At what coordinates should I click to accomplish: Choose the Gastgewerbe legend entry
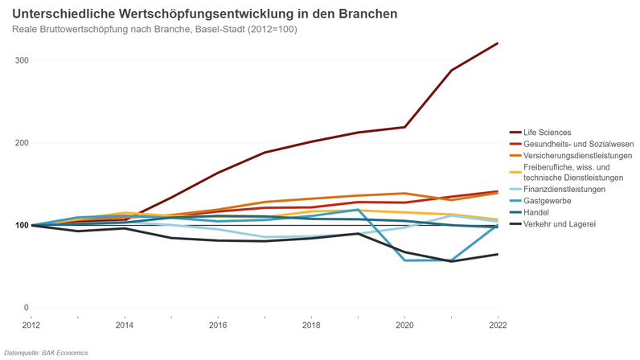click(546, 200)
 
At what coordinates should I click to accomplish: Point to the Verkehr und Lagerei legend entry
click(559, 223)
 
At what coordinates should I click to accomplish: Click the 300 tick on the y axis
click(21, 61)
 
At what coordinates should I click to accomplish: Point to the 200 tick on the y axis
click(21, 143)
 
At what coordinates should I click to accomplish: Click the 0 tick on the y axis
click(26, 308)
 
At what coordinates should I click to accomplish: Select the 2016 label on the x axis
click(218, 325)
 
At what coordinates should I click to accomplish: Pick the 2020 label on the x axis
click(404, 325)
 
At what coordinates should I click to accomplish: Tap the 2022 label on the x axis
click(498, 325)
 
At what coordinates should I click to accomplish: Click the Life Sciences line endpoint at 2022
click(498, 43)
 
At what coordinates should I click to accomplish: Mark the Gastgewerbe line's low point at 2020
click(405, 260)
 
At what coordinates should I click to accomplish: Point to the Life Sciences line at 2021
click(452, 70)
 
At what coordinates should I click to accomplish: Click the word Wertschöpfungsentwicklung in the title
click(191, 14)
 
